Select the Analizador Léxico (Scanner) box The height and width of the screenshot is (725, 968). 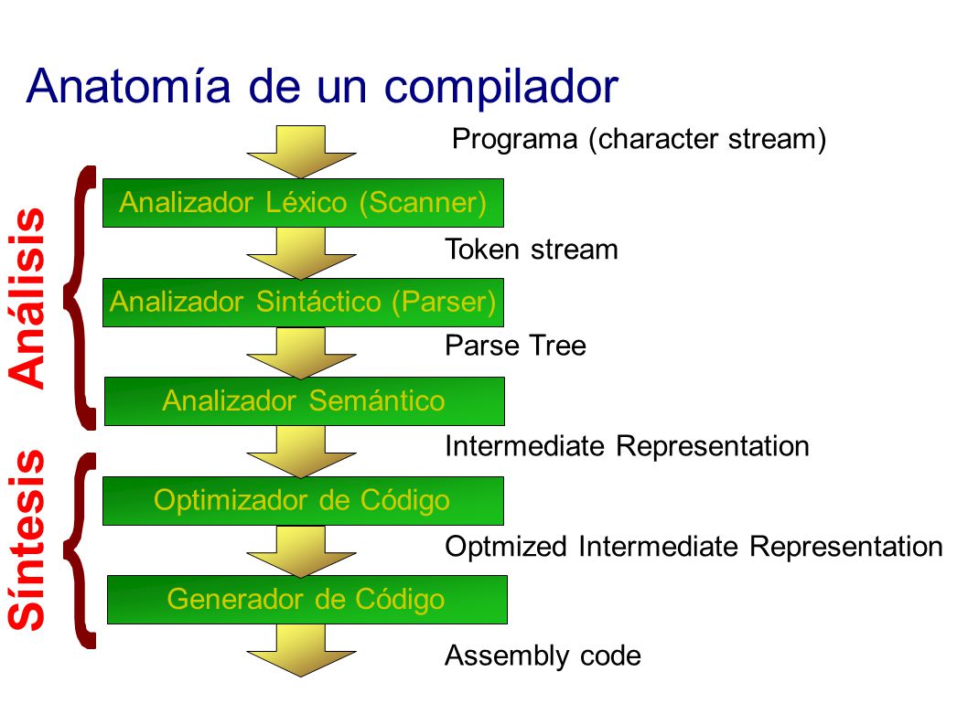tap(303, 203)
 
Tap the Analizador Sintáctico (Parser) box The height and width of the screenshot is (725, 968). tap(303, 303)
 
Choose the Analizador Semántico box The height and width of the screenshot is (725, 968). tap(305, 401)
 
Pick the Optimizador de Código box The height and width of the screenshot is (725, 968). tap(303, 500)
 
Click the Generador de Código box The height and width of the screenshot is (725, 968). tap(307, 599)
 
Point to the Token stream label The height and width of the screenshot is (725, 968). tap(532, 250)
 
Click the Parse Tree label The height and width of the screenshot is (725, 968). tap(515, 345)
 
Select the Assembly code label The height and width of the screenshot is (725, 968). tap(543, 656)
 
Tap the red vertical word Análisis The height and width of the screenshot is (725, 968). tap(27, 298)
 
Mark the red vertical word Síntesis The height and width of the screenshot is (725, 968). tap(27, 540)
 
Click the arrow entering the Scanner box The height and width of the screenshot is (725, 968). tap(301, 152)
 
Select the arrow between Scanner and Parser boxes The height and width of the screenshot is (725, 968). tap(301, 253)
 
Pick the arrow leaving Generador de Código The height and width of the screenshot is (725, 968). tap(301, 650)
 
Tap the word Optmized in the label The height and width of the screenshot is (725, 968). tap(506, 547)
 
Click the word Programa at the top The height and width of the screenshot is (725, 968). tap(514, 140)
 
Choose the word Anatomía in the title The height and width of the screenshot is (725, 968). tap(128, 85)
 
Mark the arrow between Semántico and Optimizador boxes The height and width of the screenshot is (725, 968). tap(301, 452)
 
